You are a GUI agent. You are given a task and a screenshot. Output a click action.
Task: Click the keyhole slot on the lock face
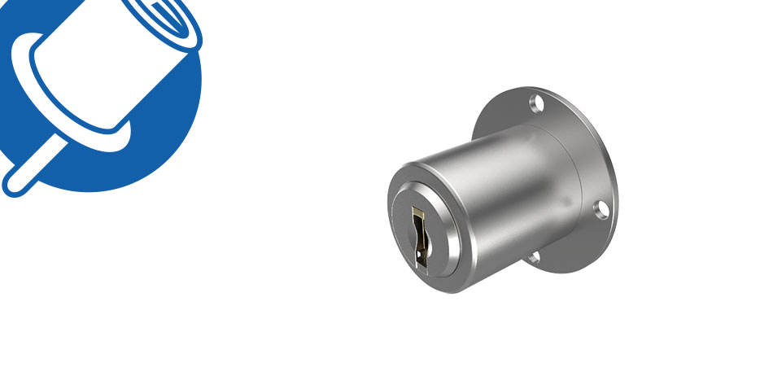click(420, 237)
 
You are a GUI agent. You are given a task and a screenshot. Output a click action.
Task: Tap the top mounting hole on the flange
click(536, 103)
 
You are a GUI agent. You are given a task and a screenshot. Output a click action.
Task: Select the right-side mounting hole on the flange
click(601, 210)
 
